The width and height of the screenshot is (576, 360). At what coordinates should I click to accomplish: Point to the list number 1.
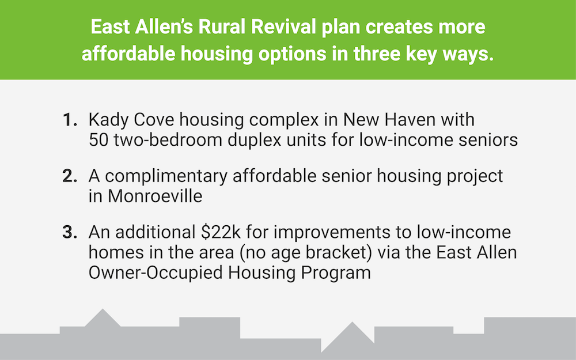click(x=70, y=120)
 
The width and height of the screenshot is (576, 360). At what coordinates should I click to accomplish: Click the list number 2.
click(x=70, y=176)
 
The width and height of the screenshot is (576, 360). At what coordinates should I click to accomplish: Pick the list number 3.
click(x=70, y=232)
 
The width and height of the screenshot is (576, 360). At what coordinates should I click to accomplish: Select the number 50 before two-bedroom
click(x=98, y=140)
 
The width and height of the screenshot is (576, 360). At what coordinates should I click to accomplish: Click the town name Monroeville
click(x=155, y=196)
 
